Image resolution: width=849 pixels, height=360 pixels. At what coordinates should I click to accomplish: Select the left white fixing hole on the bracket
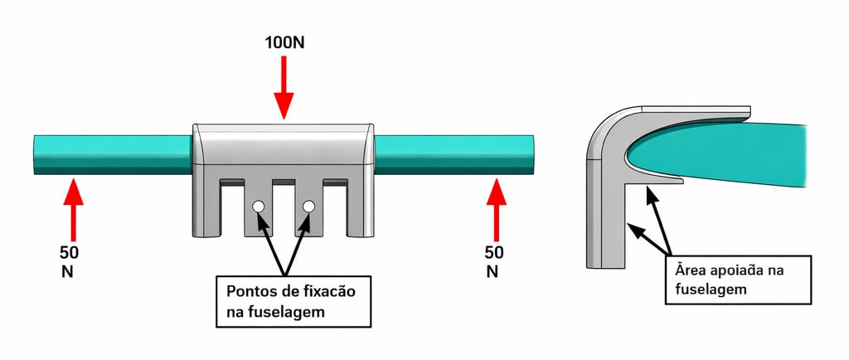click(x=258, y=207)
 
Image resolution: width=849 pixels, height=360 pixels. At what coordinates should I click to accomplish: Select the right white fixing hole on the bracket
click(x=309, y=207)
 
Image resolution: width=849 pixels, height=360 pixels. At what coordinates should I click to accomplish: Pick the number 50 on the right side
click(x=495, y=253)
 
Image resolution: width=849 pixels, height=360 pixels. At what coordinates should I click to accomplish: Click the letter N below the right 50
click(x=492, y=271)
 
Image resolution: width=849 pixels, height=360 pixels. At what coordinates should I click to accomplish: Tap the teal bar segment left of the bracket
click(x=112, y=153)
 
